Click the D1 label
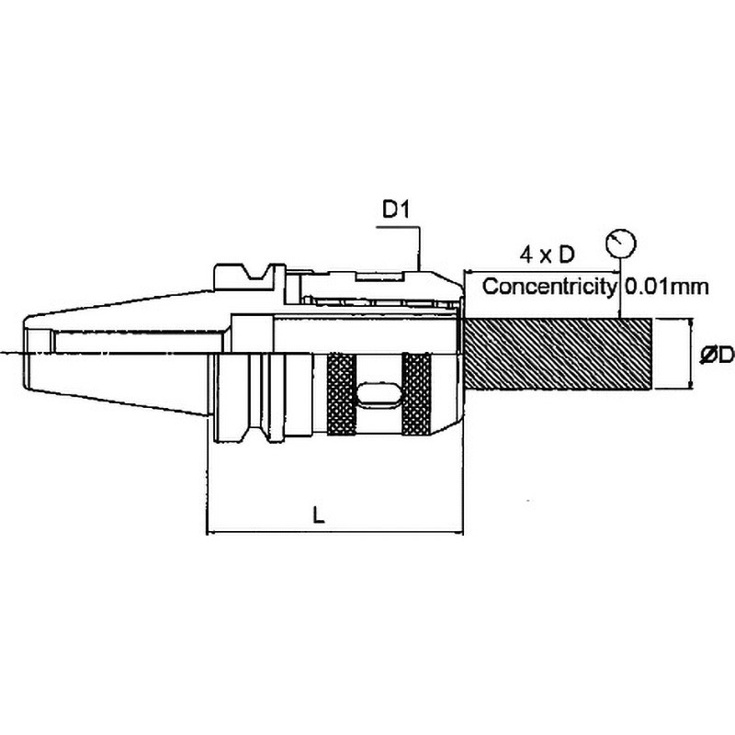(x=396, y=210)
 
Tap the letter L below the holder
(x=319, y=515)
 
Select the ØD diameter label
(x=716, y=355)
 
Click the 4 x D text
(x=547, y=254)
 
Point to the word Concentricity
(x=548, y=286)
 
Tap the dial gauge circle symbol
(x=621, y=243)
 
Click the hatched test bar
(x=558, y=354)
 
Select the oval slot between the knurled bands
(x=379, y=395)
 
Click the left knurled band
(x=341, y=394)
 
